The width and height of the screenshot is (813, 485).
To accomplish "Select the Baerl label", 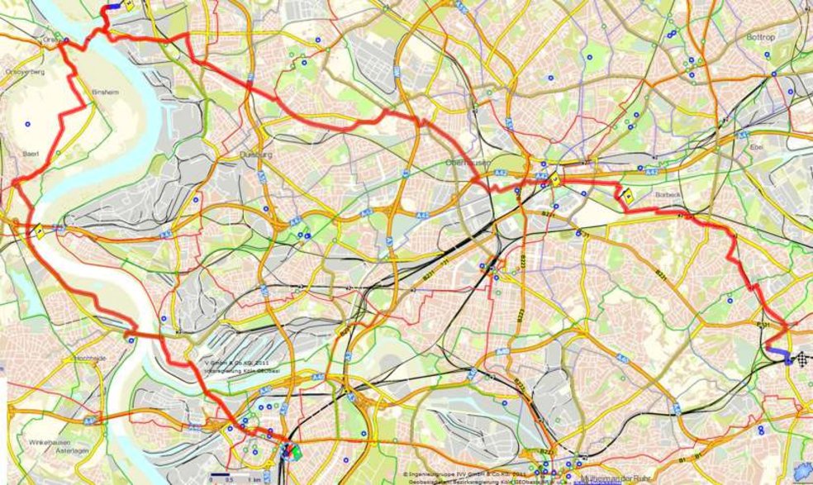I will tap(31, 154).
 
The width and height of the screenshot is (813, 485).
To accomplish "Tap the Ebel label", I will tap(779, 149).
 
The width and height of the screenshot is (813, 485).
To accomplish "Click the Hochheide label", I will tap(90, 358).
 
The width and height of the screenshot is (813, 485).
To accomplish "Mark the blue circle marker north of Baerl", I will tap(27, 125).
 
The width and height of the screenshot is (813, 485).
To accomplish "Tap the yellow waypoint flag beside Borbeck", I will tap(629, 197).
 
